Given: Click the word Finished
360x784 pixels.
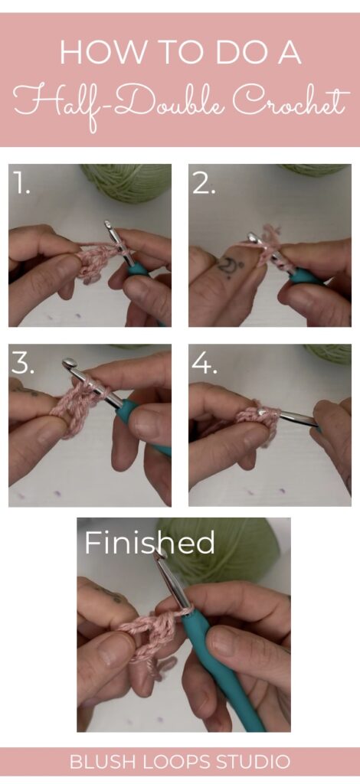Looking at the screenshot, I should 149,543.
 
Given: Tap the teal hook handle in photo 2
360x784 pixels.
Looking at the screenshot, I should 306,276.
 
